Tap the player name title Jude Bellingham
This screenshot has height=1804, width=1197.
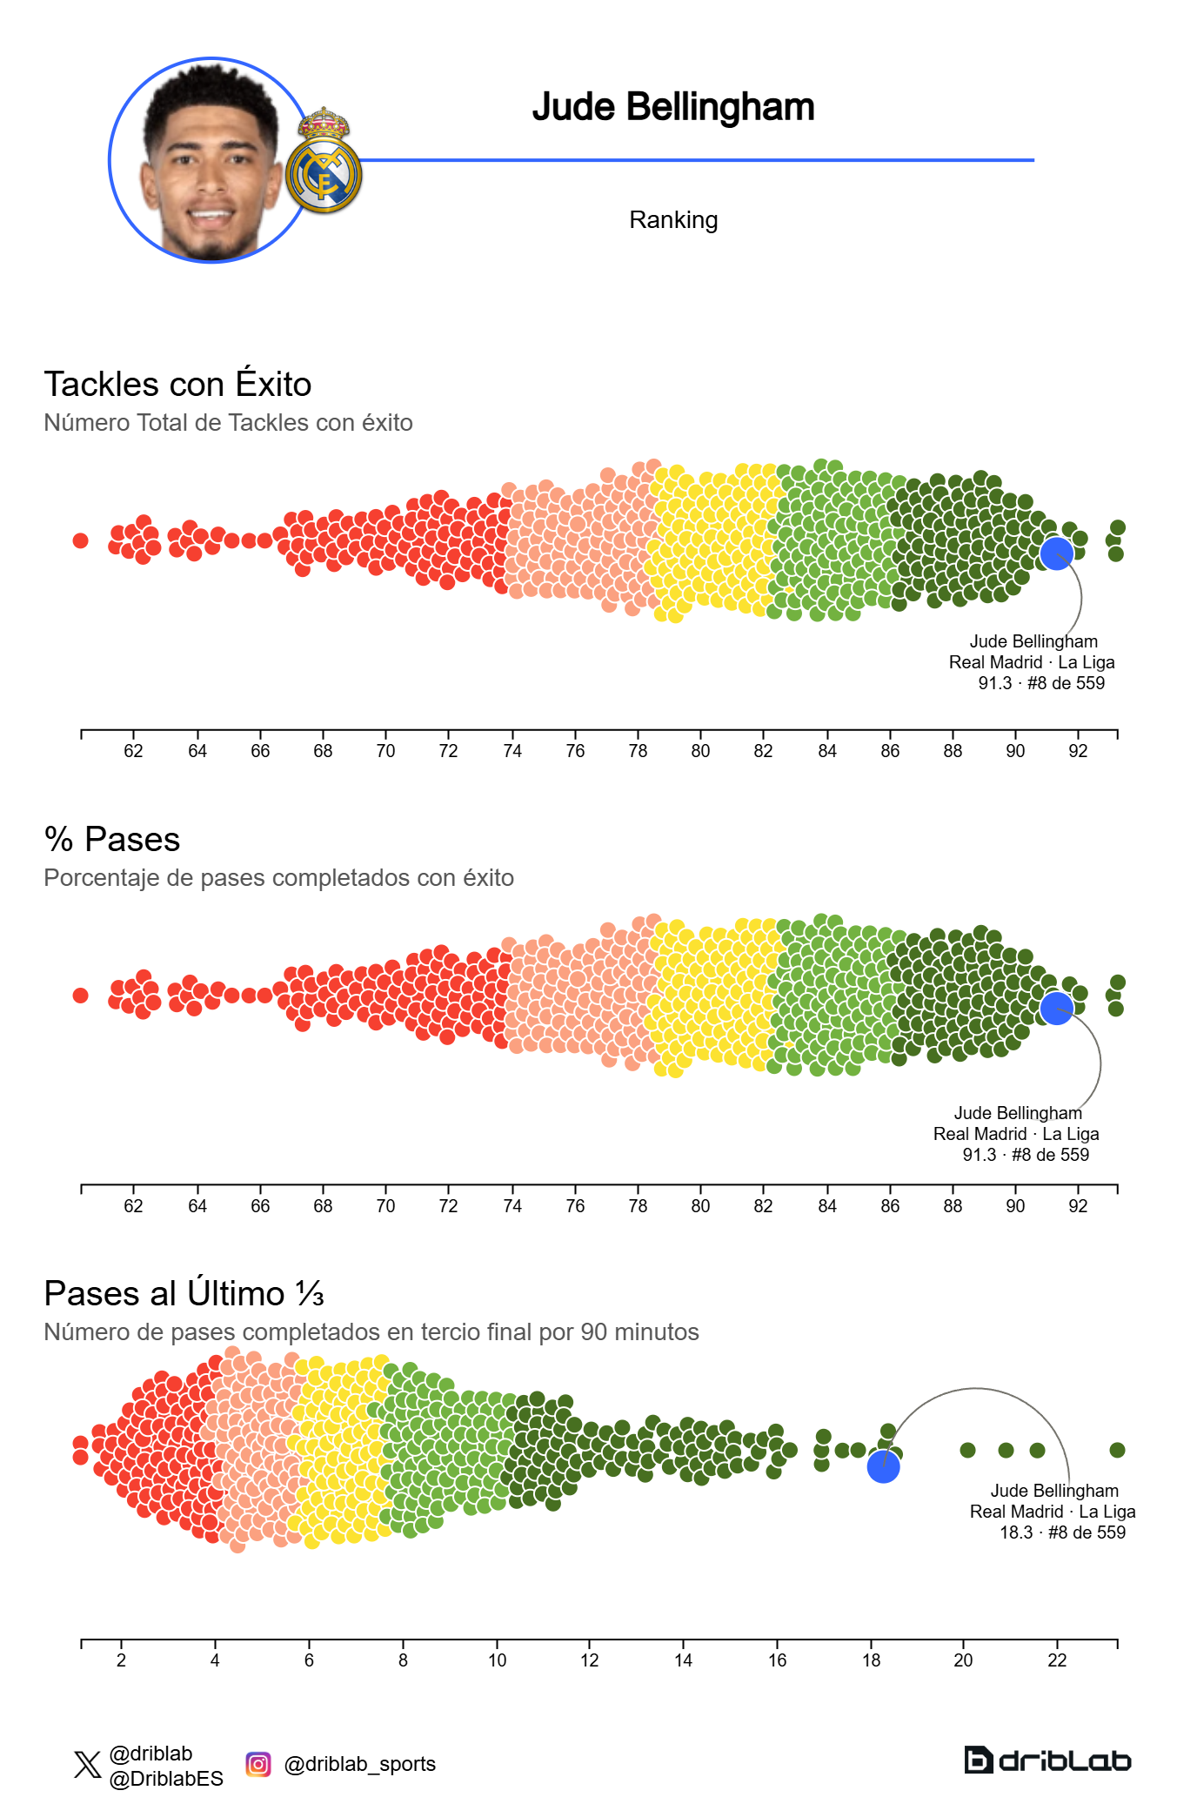click(x=673, y=107)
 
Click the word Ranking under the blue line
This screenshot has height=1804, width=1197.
click(x=673, y=220)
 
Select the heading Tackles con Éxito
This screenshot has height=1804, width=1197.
click(x=177, y=384)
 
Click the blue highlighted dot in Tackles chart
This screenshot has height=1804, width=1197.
click(x=1056, y=553)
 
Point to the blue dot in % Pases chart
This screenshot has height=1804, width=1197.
click(x=1056, y=1008)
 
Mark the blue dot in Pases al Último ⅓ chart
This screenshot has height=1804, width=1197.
click(x=883, y=1467)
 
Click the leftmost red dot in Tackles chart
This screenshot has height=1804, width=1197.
click(x=80, y=540)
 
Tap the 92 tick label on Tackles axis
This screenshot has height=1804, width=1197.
click(x=1078, y=751)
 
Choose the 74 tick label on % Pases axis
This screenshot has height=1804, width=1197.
click(x=512, y=1206)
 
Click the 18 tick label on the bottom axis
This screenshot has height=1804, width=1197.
click(x=871, y=1660)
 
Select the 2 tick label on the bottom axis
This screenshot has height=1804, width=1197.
click(x=121, y=1660)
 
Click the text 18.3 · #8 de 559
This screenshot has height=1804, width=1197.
click(x=1062, y=1532)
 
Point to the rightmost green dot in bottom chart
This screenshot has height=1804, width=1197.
click(x=1118, y=1450)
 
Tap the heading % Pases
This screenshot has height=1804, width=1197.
click(x=112, y=839)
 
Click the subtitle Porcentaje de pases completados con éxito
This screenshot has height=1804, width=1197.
click(x=278, y=877)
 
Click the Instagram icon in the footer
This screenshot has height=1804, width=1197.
click(x=257, y=1764)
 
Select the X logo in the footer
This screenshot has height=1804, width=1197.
click(x=87, y=1765)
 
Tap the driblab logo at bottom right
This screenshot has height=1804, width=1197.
click(x=1047, y=1760)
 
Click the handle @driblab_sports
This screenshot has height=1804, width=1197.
click(x=359, y=1764)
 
